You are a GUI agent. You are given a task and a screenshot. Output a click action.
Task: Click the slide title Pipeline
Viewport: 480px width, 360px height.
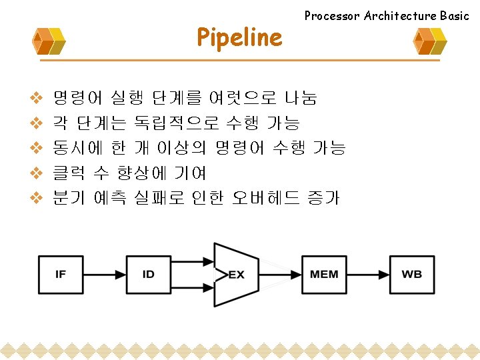point(239,38)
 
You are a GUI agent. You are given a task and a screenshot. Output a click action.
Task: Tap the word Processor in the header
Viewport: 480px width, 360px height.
point(332,15)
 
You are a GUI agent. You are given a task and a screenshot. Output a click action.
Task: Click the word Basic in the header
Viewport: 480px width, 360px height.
point(455,15)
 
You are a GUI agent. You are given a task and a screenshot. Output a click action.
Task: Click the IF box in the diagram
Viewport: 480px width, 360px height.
point(61,274)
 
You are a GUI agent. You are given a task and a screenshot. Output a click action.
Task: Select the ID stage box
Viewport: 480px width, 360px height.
point(149,274)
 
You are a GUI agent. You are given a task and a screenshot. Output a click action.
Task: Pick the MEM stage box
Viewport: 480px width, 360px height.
point(324,274)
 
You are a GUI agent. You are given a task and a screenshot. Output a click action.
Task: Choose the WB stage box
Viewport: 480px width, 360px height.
point(411,274)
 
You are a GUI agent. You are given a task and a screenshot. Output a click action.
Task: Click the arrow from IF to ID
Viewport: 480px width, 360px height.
point(105,274)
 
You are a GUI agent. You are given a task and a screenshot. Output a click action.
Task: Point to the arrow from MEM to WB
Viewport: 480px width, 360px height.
point(368,274)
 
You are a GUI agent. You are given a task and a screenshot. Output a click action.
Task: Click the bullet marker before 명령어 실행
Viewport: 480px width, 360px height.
point(37,99)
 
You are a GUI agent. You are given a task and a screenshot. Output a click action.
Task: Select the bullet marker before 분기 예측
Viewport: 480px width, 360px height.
point(37,198)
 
